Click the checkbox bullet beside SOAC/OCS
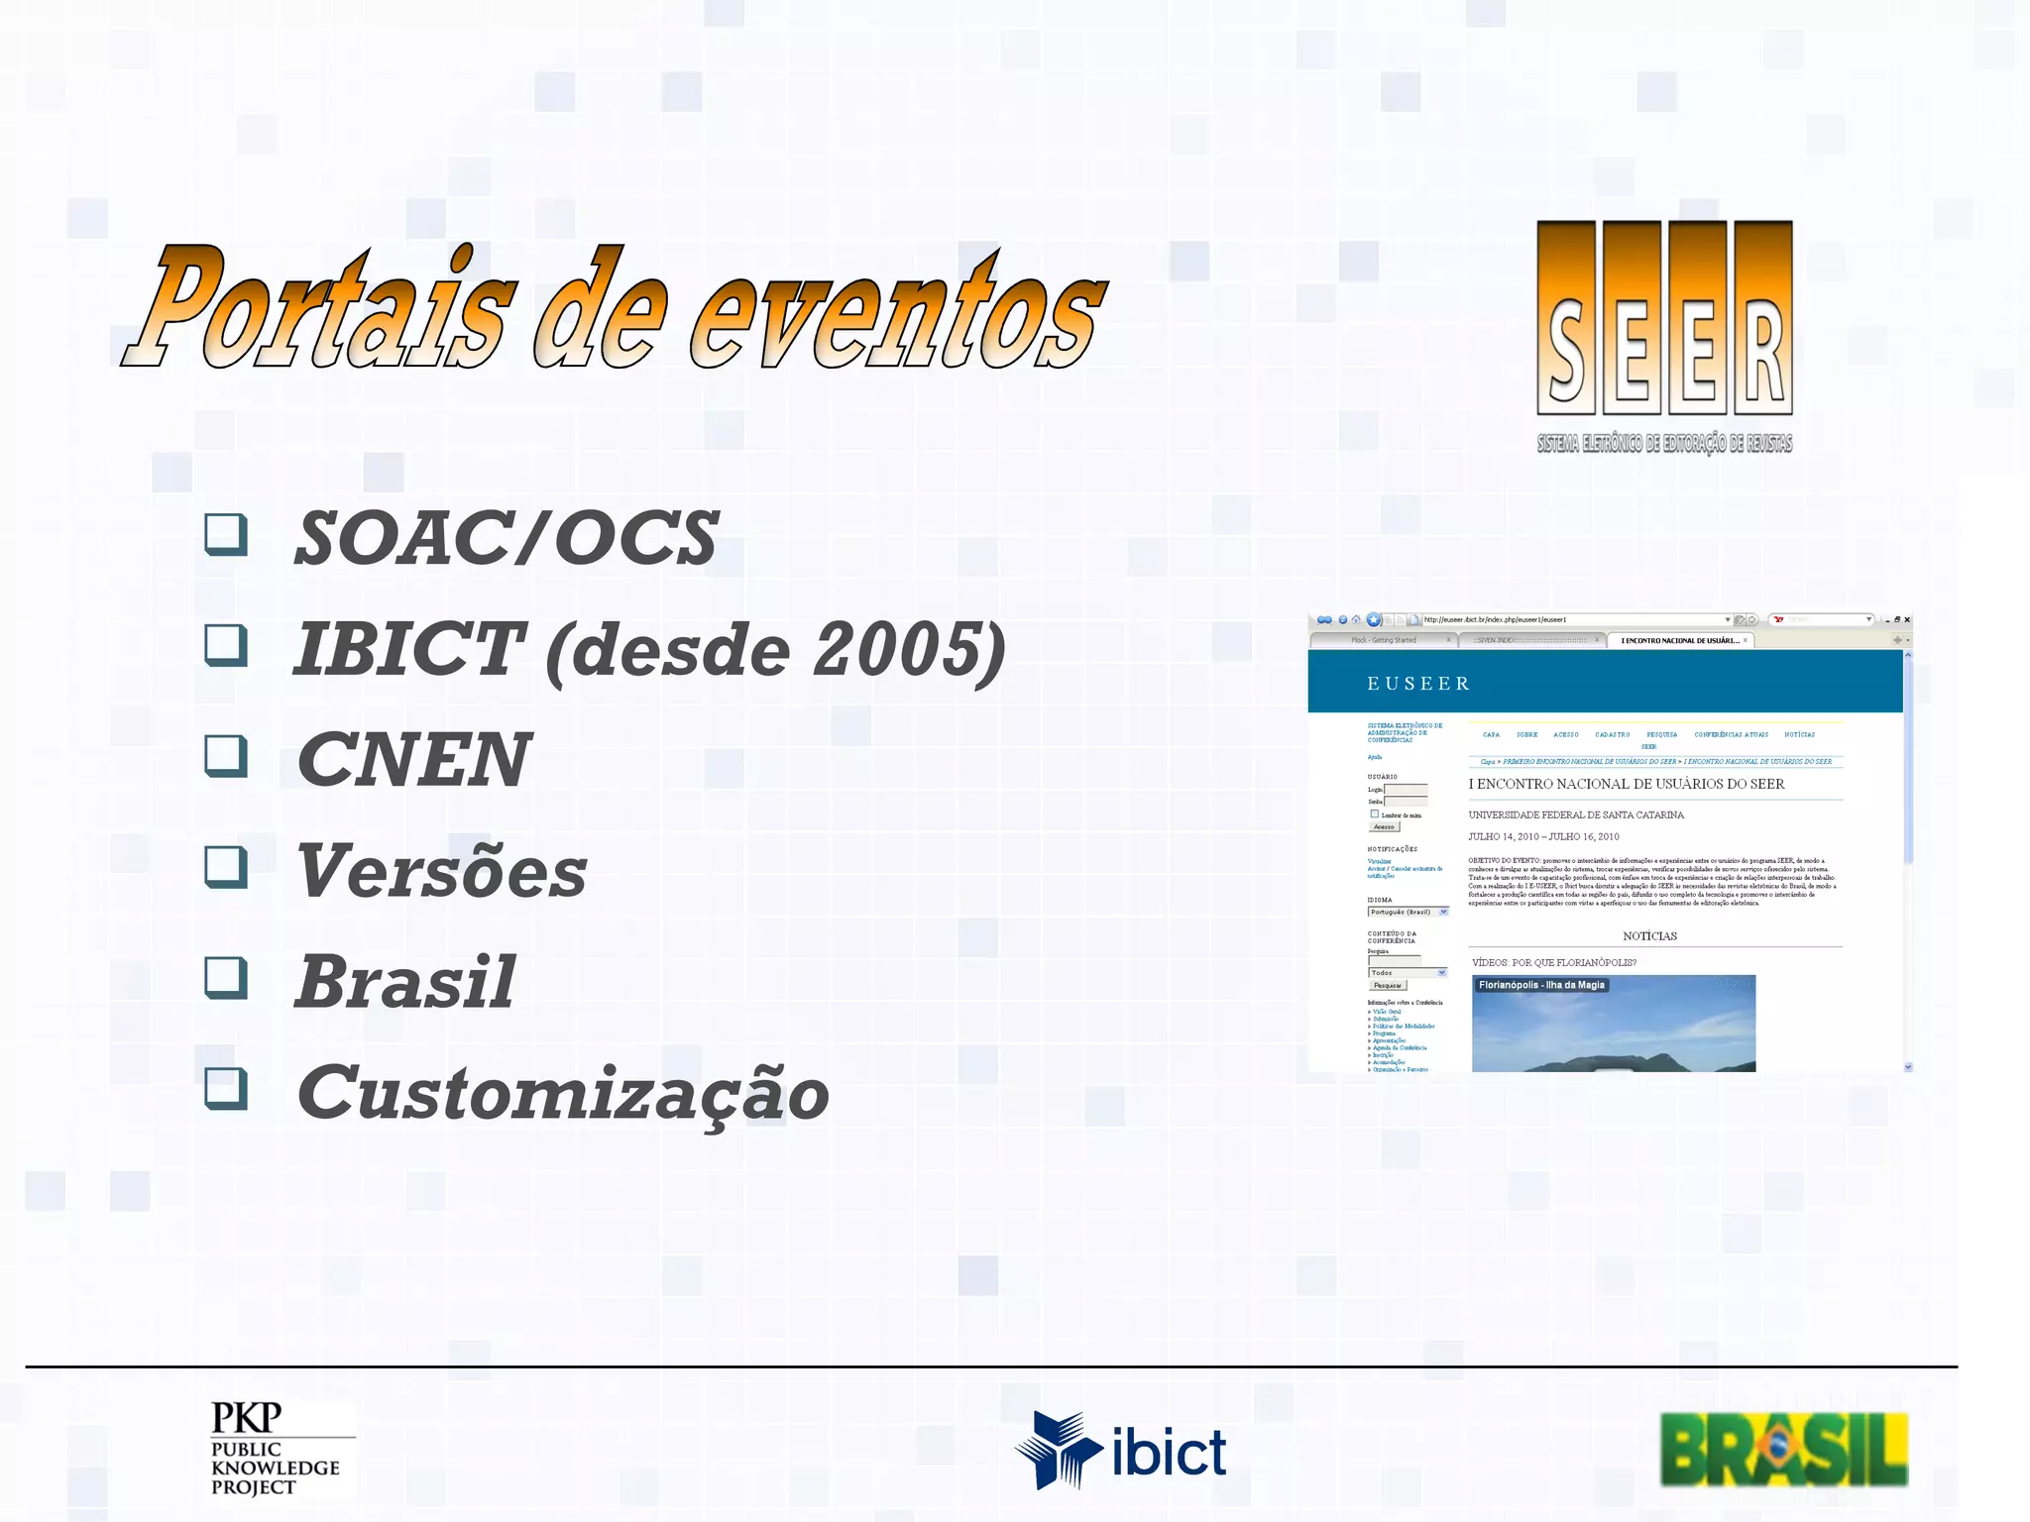(226, 534)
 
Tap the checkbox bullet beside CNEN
(226, 756)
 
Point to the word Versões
(442, 872)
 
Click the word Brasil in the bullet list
(406, 982)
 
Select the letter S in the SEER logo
(1566, 317)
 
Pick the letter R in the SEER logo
(1763, 317)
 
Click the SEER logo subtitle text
(1664, 444)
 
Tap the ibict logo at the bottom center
(1120, 1452)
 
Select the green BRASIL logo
(1783, 1449)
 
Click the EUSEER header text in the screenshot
(1418, 684)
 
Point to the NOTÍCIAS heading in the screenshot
(1649, 936)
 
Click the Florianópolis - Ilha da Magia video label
(1541, 985)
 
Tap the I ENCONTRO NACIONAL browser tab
(1679, 641)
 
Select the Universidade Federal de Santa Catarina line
(1576, 815)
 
